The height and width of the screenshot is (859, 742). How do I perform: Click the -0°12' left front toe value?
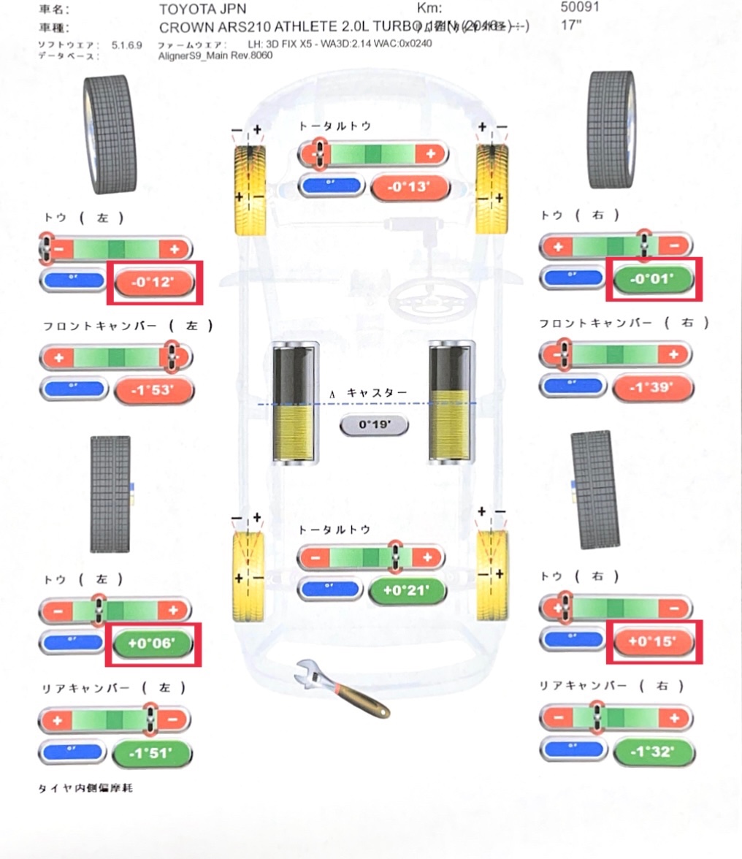[x=155, y=281]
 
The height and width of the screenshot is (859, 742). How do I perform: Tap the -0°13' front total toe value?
[x=410, y=187]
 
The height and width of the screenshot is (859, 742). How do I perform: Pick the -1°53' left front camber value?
[x=154, y=391]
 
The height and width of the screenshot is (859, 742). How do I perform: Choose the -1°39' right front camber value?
[x=653, y=387]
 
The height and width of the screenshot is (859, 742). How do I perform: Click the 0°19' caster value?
[x=373, y=424]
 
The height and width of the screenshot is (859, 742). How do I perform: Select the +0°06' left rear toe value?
[x=153, y=644]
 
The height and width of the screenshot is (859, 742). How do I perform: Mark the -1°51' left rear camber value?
[x=153, y=754]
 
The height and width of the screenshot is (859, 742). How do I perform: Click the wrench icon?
[x=340, y=689]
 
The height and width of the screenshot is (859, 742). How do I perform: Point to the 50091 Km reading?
[x=579, y=9]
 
